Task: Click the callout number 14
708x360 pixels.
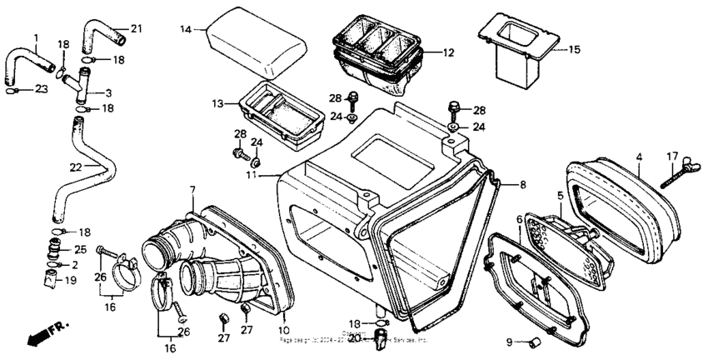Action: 187,29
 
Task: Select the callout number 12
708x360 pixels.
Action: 448,52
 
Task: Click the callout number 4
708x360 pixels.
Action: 639,156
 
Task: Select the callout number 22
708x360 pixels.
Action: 75,167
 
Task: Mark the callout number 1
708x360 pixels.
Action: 36,37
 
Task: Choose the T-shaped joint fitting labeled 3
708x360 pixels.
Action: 87,82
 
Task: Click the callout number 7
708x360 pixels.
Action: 192,192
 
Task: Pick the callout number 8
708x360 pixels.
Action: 523,184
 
